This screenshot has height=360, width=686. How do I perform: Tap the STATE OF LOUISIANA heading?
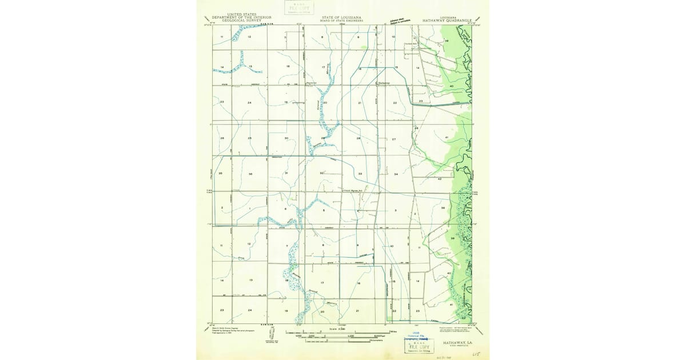coord(341,17)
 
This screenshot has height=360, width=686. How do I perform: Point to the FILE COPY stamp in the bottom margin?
coord(417,346)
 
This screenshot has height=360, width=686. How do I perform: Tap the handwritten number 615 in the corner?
coord(474,354)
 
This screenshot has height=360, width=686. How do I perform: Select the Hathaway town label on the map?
coord(384,82)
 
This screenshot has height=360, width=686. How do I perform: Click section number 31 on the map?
coord(286,173)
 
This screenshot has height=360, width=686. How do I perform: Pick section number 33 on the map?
coord(360,174)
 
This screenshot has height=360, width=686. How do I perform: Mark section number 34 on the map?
coord(396,174)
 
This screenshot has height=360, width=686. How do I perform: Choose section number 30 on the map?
coord(286,138)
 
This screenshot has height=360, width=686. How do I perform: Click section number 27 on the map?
coord(394,139)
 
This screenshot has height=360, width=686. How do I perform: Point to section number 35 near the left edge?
coord(220,173)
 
